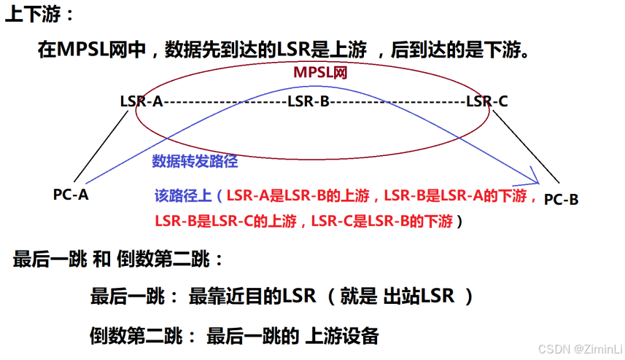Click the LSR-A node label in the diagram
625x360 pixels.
141,101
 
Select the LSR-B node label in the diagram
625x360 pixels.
308,101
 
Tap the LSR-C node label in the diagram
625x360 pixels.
486,101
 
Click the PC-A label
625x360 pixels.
71,195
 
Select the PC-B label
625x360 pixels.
562,199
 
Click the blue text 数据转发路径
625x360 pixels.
195,162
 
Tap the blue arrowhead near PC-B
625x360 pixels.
534,176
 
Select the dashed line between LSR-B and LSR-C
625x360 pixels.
398,102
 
